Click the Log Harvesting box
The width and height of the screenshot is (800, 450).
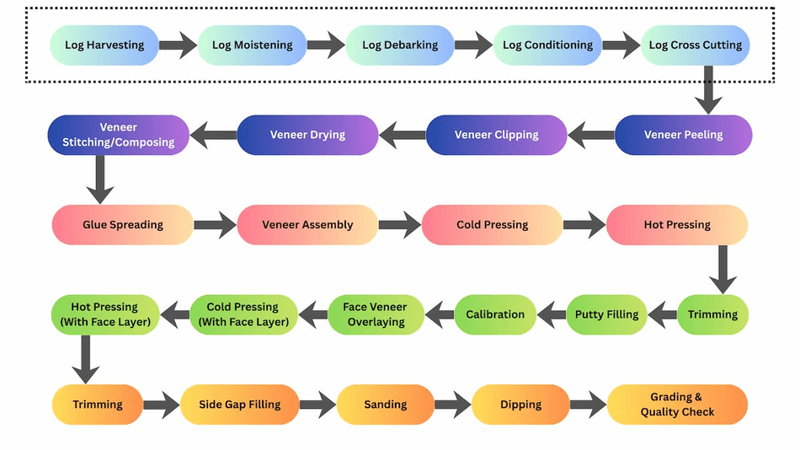104,45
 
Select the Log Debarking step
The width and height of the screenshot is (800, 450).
400,45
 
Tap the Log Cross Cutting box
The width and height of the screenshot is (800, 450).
695,45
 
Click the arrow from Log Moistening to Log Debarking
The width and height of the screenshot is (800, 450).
326,45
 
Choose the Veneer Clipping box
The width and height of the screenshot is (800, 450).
496,135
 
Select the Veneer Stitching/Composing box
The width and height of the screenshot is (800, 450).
118,135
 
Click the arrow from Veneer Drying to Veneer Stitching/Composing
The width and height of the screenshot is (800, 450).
213,135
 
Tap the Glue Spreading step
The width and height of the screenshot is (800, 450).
123,225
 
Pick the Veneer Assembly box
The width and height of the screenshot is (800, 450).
307,225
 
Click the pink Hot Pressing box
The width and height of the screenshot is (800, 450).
677,225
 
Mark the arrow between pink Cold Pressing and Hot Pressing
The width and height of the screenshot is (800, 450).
584,225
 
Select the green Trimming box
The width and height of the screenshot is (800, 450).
712,314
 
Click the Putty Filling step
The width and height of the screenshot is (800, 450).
606,314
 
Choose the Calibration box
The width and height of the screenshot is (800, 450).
495,314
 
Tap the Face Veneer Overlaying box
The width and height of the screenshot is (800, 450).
376,314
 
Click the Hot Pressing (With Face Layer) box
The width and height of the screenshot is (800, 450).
104,314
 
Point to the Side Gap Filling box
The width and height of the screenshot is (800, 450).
240,404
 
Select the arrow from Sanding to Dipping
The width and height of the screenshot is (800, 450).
452,404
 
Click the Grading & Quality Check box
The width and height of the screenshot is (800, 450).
677,404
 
